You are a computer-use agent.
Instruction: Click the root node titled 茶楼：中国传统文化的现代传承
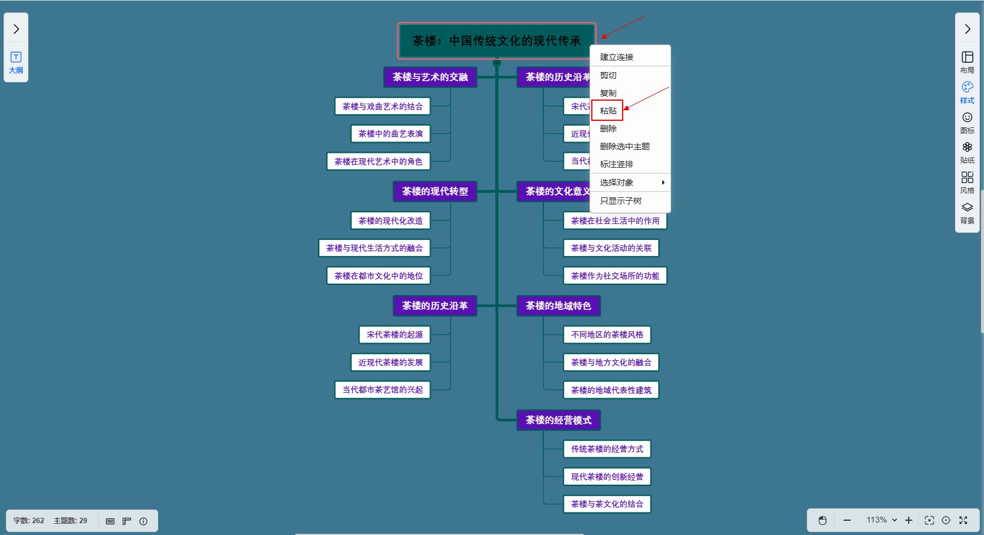pos(496,41)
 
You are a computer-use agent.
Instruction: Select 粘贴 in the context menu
pos(608,111)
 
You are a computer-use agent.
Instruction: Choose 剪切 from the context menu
pos(608,75)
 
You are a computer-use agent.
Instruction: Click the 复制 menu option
pos(608,93)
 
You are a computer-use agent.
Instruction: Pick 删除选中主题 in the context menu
pos(625,146)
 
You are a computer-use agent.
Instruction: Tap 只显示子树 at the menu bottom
pos(621,201)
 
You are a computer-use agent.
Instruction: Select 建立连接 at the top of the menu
pos(617,57)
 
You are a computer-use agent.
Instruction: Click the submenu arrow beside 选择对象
pos(663,182)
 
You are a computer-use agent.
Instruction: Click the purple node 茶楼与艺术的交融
pos(430,77)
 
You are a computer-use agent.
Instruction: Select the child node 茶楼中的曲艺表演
pos(390,134)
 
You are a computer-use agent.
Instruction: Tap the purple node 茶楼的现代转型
pos(435,191)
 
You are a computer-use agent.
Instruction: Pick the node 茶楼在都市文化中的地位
pos(379,276)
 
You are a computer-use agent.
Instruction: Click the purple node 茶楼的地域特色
pos(558,306)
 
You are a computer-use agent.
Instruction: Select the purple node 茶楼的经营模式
pos(558,420)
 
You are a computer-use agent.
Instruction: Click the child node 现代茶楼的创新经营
pos(607,477)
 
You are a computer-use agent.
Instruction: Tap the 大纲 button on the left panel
pos(16,62)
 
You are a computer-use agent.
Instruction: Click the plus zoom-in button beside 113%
pos(908,520)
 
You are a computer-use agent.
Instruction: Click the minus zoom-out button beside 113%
pos(847,520)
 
